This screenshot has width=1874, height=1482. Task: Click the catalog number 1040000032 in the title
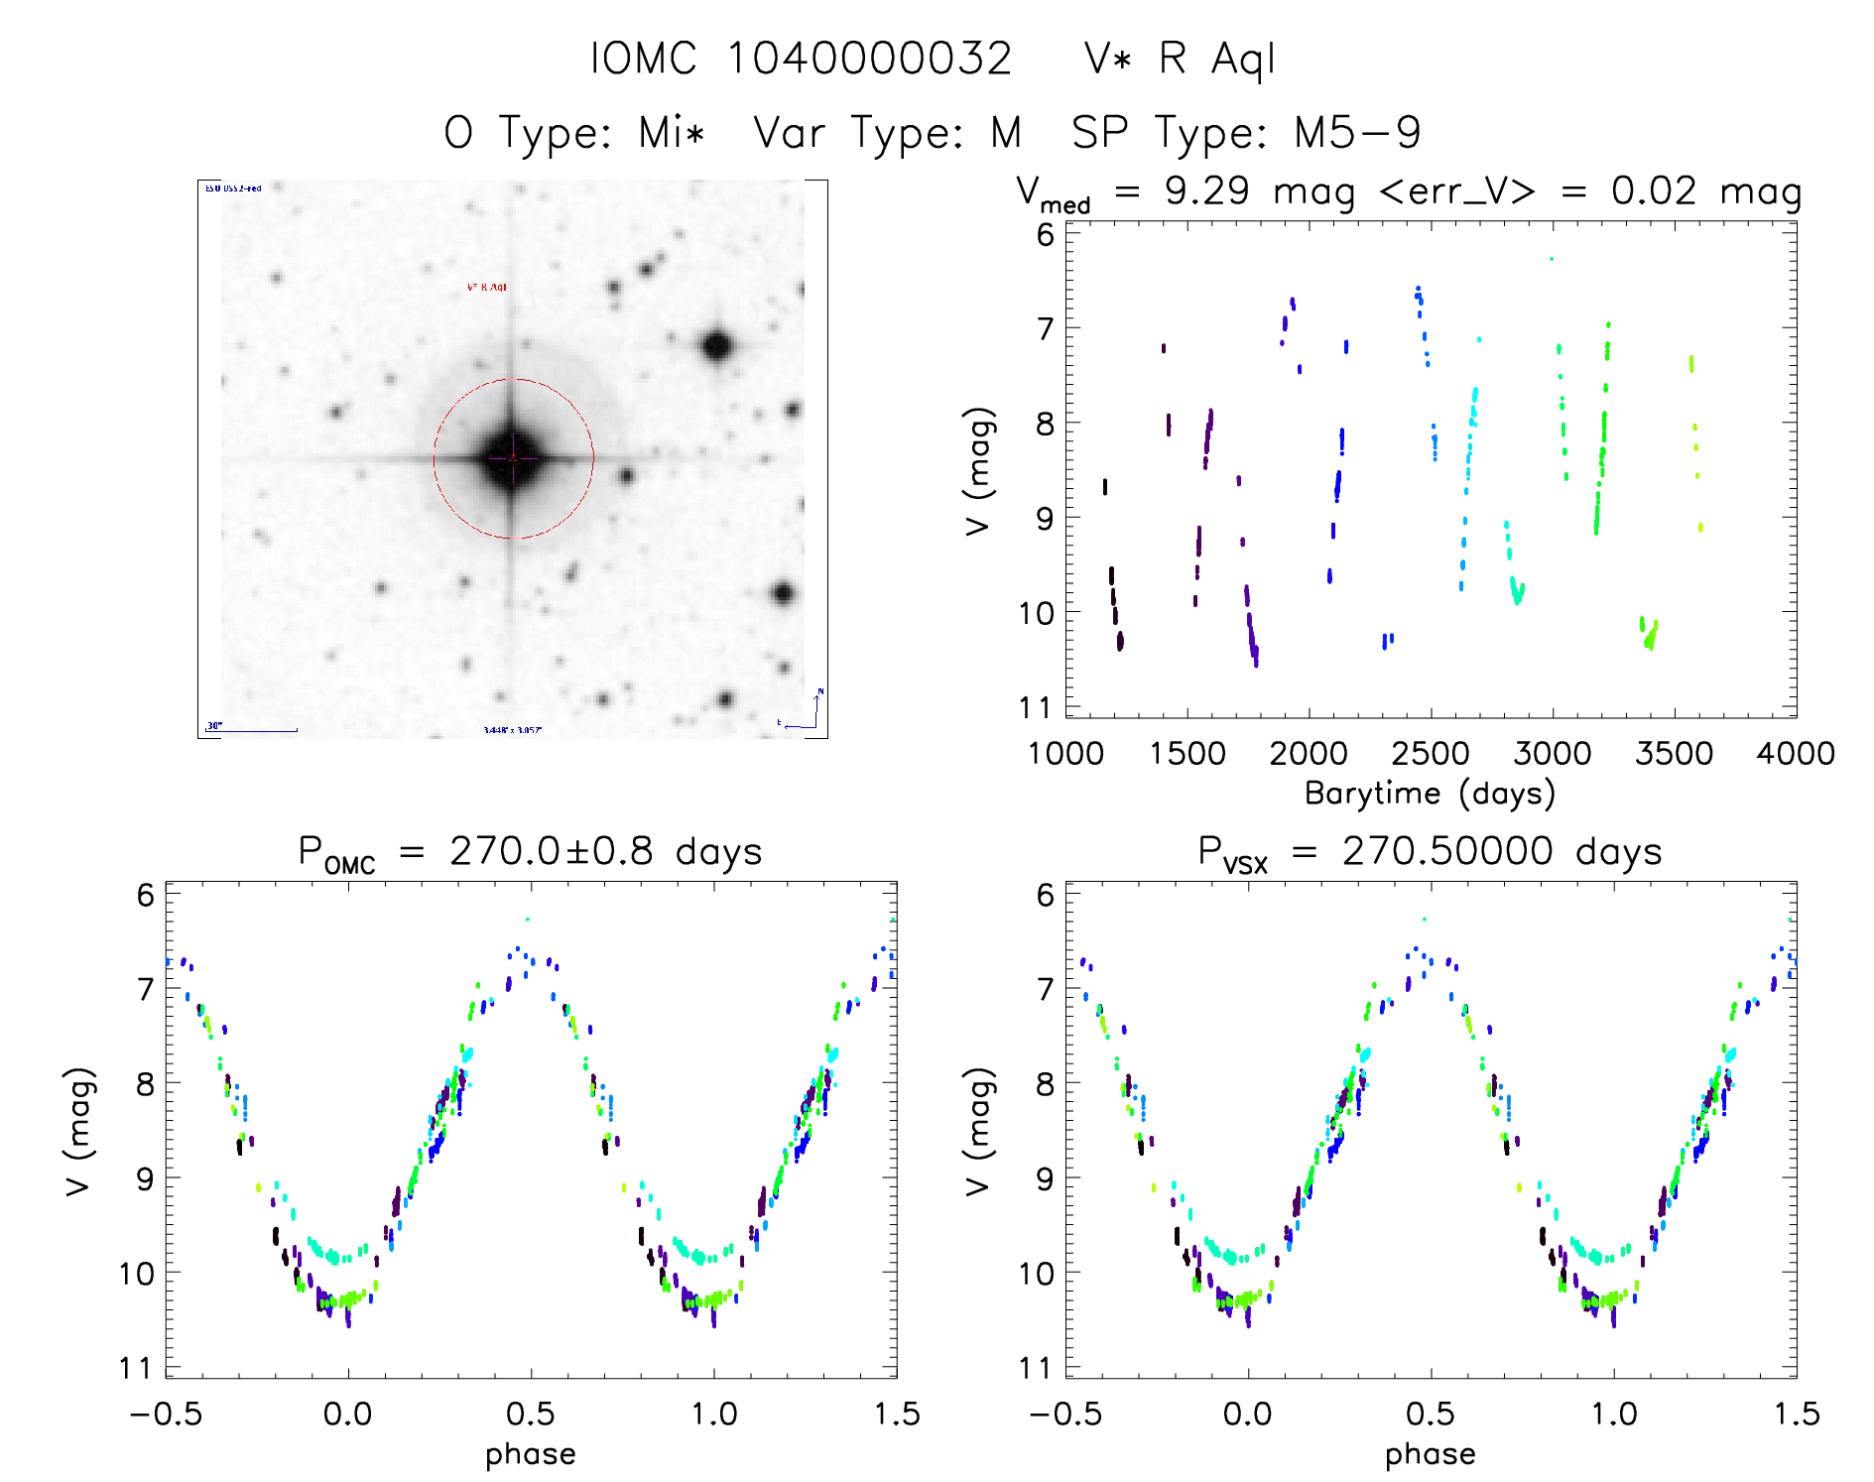(x=869, y=59)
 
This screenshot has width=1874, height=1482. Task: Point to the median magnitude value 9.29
(x=1206, y=190)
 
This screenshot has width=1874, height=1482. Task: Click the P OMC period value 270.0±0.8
(x=551, y=851)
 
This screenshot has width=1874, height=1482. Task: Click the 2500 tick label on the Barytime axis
(x=1431, y=754)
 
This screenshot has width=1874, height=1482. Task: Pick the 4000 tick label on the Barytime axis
(x=1796, y=754)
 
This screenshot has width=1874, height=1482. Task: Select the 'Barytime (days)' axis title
(x=1430, y=794)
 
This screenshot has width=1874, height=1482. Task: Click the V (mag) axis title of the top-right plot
(x=978, y=471)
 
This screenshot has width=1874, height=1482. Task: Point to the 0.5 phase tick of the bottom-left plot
(x=531, y=1414)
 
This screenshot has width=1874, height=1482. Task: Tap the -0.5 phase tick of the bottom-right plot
(x=1064, y=1414)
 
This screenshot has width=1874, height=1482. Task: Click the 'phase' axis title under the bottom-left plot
(x=531, y=1454)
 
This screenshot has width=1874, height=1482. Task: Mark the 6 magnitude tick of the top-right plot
(x=1046, y=234)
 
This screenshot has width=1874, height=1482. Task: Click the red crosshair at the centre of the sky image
(x=513, y=458)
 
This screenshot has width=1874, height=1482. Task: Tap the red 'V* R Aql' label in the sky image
(x=487, y=288)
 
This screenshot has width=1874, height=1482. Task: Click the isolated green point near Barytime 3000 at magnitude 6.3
(x=1552, y=259)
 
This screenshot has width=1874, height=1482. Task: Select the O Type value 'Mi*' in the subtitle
(x=672, y=133)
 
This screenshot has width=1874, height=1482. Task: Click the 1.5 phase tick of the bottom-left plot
(x=897, y=1414)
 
